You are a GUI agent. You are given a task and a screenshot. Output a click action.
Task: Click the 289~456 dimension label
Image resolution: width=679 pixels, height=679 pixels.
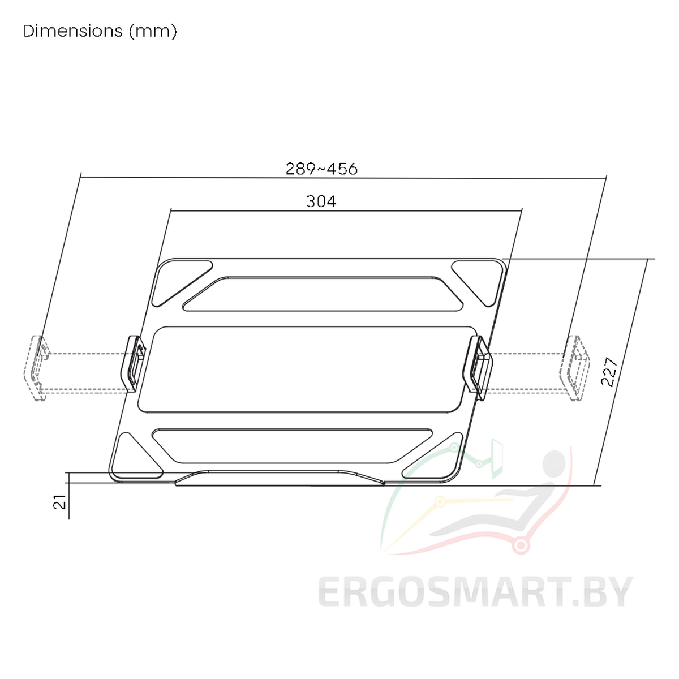[321, 169]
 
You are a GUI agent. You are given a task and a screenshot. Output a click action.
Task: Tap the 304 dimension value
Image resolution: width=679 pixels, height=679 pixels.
[321, 201]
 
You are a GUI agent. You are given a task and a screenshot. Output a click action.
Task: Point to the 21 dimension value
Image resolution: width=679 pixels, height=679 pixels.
[59, 502]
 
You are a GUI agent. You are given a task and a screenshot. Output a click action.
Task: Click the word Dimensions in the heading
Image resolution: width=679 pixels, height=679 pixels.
[73, 31]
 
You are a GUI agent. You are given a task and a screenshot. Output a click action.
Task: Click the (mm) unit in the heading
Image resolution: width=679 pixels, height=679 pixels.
[153, 32]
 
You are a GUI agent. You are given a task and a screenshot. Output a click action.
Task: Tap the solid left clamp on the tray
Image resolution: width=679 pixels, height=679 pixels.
[132, 363]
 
